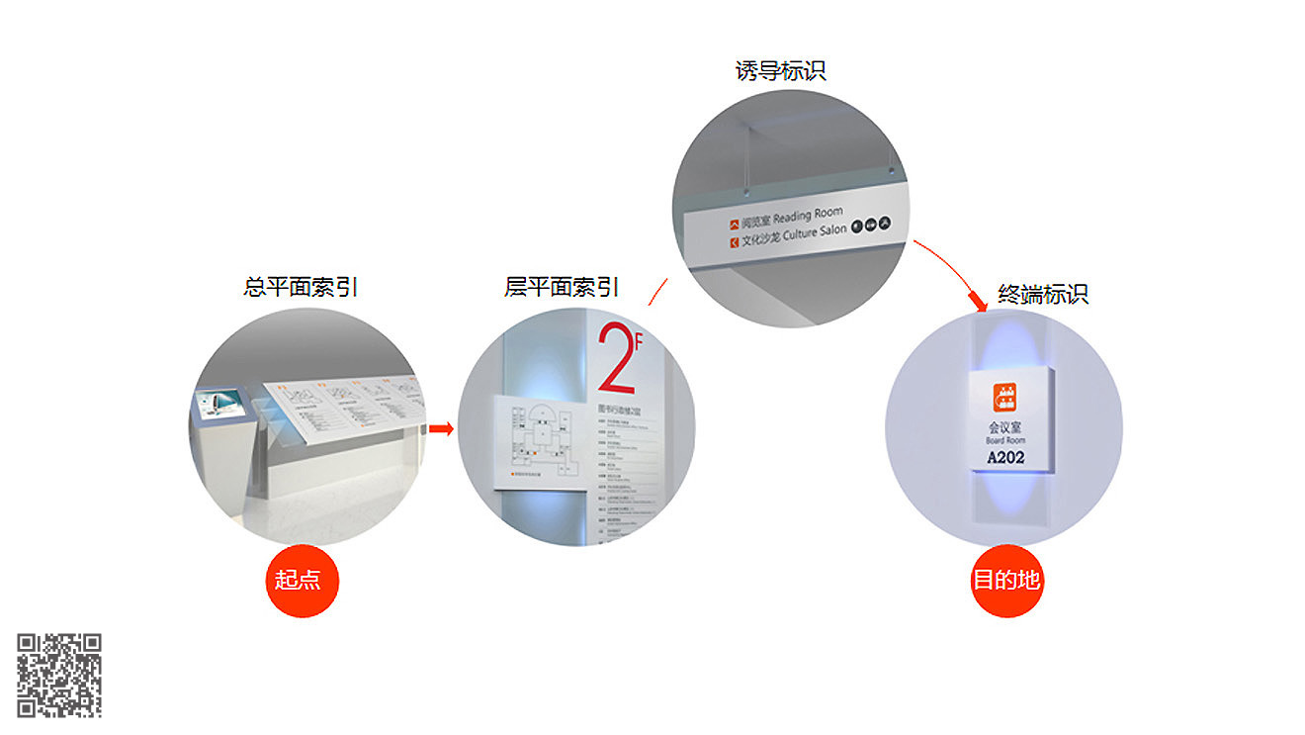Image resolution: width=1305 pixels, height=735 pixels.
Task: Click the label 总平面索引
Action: tap(301, 287)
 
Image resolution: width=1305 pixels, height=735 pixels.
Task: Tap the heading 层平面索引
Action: tap(562, 287)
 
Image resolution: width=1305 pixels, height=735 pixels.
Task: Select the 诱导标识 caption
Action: tap(780, 70)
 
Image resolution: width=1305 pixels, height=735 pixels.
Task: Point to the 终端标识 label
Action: tap(1042, 294)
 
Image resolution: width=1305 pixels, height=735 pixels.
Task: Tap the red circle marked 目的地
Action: tap(1006, 580)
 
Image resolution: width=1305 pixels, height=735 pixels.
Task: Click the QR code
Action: tap(59, 675)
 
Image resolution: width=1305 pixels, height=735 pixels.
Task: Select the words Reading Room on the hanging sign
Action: tap(808, 215)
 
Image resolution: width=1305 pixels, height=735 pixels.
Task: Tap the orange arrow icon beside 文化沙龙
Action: tap(734, 240)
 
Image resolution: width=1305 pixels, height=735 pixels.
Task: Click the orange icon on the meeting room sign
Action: tap(1005, 397)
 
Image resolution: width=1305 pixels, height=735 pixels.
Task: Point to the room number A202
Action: tap(1005, 457)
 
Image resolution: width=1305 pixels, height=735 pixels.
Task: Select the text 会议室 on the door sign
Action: tap(1005, 428)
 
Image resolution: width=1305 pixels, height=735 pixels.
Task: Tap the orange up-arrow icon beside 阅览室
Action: tap(734, 225)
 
